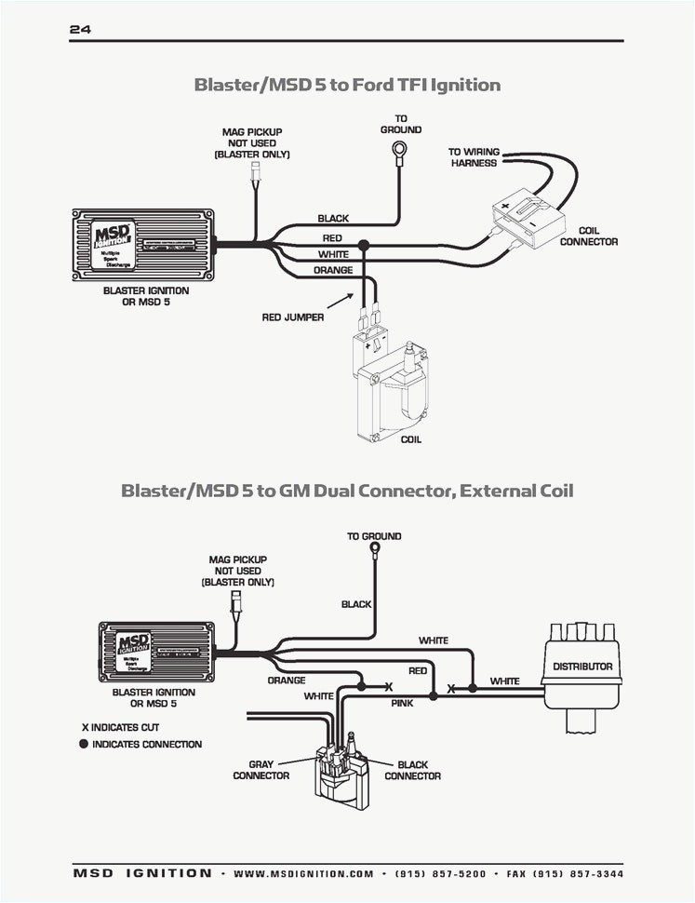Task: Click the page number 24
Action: pyautogui.click(x=79, y=30)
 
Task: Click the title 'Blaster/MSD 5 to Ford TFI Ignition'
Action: pyautogui.click(x=346, y=85)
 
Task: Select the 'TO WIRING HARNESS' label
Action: pyautogui.click(x=474, y=157)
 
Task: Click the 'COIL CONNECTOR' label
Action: pyautogui.click(x=588, y=236)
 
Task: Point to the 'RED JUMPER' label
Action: pyautogui.click(x=292, y=317)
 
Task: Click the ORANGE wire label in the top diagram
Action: pyautogui.click(x=332, y=270)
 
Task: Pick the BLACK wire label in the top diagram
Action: pyautogui.click(x=332, y=219)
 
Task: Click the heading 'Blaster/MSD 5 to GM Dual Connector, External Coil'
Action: pyautogui.click(x=346, y=491)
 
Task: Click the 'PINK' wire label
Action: pyautogui.click(x=402, y=704)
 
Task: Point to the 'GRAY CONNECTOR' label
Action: pyautogui.click(x=261, y=770)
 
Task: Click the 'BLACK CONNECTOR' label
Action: pyautogui.click(x=412, y=770)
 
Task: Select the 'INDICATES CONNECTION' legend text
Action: pyautogui.click(x=146, y=745)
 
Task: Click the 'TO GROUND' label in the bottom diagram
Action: pyautogui.click(x=374, y=536)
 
